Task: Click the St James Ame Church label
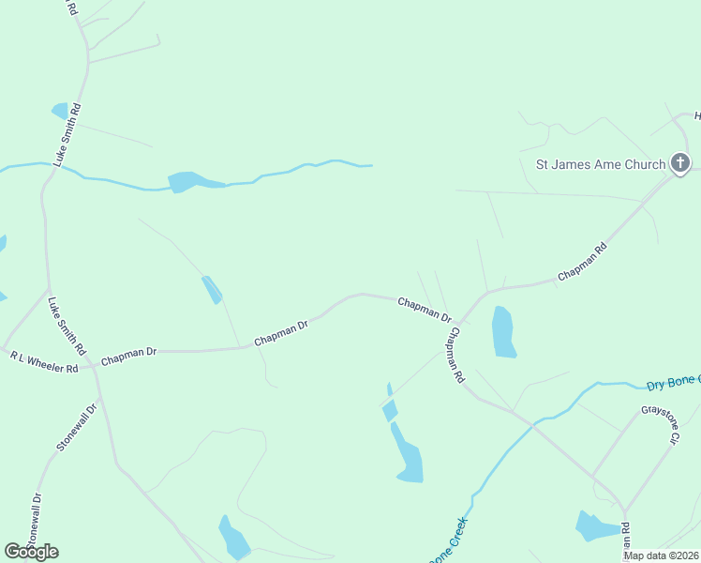[x=600, y=164]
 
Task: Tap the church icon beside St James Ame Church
[x=680, y=163]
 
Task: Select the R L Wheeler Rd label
[x=44, y=362]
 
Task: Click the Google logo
[x=31, y=551]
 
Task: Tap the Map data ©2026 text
[x=662, y=555]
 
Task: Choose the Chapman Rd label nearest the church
[x=582, y=263]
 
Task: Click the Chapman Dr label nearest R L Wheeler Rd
[x=128, y=355]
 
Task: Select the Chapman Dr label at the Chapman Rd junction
[x=425, y=310]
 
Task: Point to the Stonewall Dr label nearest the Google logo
[x=35, y=522]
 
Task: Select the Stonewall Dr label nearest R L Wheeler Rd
[x=77, y=428]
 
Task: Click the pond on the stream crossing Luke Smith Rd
[x=186, y=180]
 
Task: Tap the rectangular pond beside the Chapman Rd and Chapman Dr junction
[x=504, y=332]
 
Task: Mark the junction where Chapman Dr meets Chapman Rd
[x=460, y=319]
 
